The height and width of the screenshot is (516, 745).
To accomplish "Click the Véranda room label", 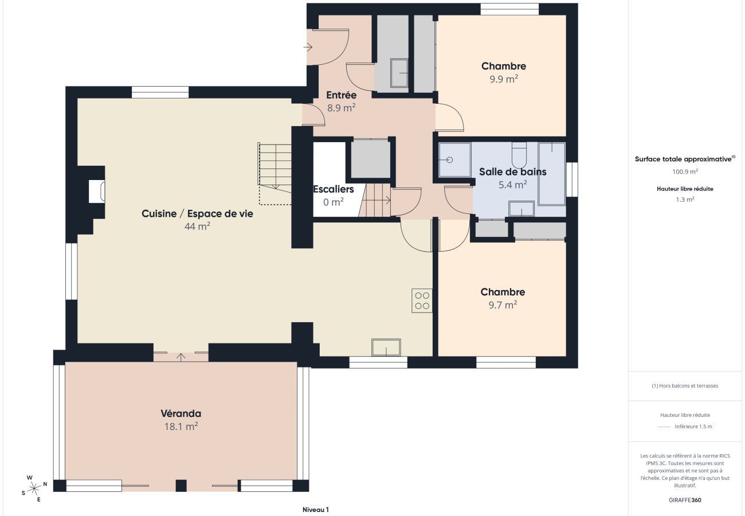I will pos(181,413).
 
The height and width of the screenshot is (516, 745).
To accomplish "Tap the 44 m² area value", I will pos(197,226).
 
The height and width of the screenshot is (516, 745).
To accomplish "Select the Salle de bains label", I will pos(512,171).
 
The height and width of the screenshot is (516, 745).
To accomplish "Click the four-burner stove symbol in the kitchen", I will pos(422,301).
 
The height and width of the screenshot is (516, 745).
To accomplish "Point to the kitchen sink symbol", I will pos(386,347).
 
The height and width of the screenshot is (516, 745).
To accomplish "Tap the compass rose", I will pos(34,488).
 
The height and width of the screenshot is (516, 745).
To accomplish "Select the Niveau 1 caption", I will pos(315,509).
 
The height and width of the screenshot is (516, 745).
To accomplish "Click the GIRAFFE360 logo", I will pos(685,500).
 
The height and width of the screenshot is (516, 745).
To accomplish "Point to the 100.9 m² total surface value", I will pos(685,171).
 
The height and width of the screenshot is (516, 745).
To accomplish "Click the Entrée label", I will pos(341,95).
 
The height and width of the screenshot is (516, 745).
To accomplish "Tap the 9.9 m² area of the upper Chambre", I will pos(503,79).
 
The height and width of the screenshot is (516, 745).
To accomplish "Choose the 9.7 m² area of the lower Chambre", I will pos(502,305).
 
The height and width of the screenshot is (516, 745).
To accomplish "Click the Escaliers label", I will pos(333,189).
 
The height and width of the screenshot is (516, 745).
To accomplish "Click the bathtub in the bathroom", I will pos(551,173).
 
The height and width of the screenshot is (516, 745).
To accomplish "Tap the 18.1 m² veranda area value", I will pos(181,427).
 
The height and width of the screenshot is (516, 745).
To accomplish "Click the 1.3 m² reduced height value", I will pos(685,200).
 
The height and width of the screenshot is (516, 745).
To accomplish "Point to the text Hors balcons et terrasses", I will pos(685,386).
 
